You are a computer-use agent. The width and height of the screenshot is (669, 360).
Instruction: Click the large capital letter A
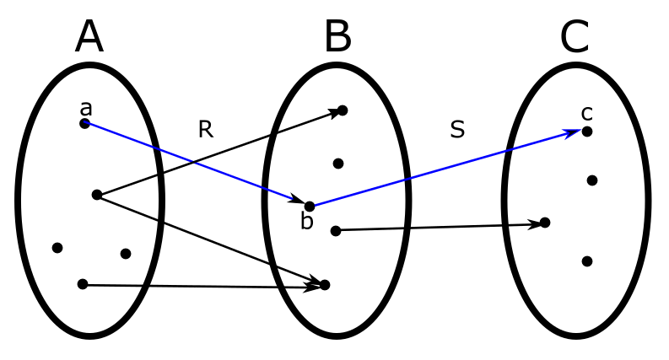tap(89, 38)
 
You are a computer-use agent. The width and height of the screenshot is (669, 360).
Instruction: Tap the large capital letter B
tap(337, 38)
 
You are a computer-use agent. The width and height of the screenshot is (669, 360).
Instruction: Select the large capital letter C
tap(575, 38)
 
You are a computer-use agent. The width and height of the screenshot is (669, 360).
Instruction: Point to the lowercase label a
tap(85, 108)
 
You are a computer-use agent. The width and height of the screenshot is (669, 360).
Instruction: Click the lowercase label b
tap(307, 222)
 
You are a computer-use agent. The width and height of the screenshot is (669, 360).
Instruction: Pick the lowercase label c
tap(587, 113)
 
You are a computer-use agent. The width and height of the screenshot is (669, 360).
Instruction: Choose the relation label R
tap(205, 129)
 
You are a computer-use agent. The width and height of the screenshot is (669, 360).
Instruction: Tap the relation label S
tap(457, 130)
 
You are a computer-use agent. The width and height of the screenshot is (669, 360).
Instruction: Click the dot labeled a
tap(84, 124)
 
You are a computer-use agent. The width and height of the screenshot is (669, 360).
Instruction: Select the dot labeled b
tap(310, 207)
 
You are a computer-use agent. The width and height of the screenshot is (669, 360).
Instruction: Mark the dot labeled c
tap(587, 132)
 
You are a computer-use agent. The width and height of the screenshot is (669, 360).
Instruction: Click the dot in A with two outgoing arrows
tap(97, 195)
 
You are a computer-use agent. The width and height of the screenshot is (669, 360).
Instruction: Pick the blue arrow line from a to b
tap(194, 164)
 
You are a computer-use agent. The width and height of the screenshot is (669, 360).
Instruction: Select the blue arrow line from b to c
tap(447, 169)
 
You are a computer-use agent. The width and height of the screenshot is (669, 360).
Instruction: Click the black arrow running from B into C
tap(439, 228)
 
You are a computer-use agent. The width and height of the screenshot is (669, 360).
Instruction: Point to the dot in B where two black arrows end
tap(325, 285)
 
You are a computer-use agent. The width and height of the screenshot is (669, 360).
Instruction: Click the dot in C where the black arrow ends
tap(545, 223)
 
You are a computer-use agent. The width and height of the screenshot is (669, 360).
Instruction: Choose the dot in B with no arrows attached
tap(338, 164)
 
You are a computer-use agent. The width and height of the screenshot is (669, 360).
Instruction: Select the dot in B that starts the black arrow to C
tap(336, 231)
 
